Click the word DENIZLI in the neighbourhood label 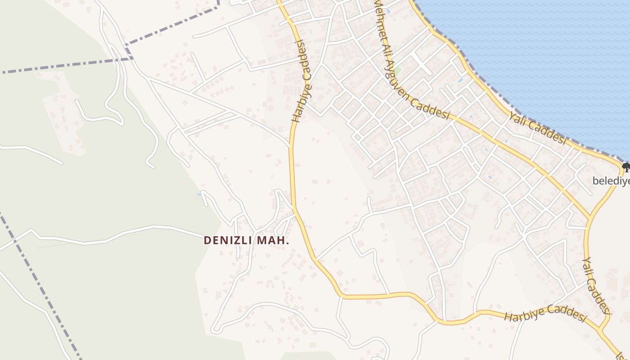click(229, 241)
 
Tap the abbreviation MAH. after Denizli click(273, 241)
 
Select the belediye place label click(611, 181)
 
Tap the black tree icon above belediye click(625, 168)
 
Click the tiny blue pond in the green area click(198, 194)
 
